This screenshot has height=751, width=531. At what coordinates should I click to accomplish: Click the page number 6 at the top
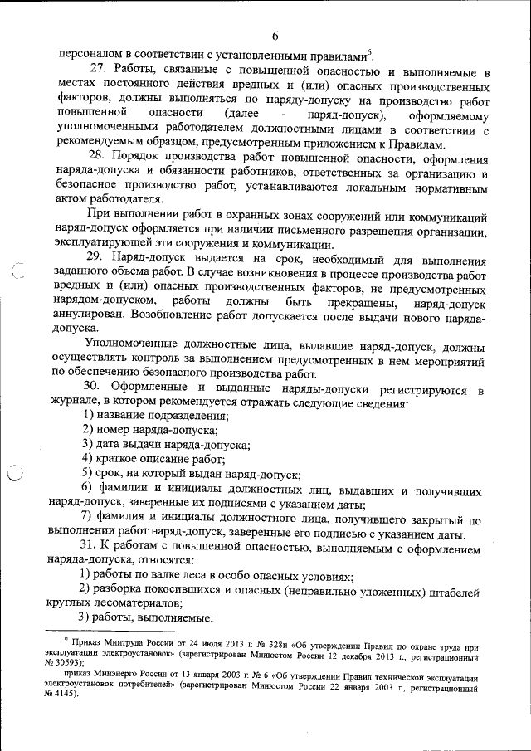(275, 35)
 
